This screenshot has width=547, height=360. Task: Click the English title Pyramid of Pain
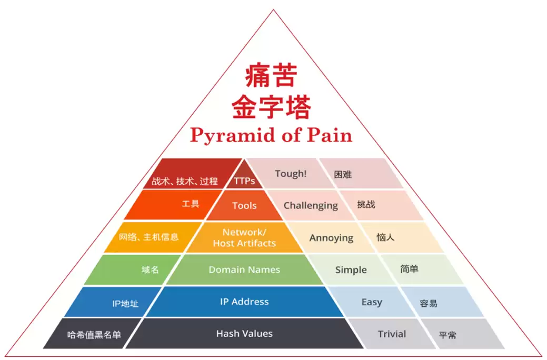[271, 135]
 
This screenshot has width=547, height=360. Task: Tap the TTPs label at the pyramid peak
[245, 181]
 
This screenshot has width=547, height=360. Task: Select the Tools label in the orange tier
[244, 205]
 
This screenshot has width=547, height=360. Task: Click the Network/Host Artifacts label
[244, 238]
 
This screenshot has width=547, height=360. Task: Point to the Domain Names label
[244, 269]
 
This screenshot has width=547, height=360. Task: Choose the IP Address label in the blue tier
[244, 302]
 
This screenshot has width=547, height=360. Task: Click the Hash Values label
[244, 333]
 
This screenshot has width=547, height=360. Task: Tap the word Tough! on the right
[291, 173]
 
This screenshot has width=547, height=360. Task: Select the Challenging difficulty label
[311, 205]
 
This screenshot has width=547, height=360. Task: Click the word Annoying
[331, 238]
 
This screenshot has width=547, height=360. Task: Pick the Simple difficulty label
[351, 269]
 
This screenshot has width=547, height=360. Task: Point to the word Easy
[371, 302]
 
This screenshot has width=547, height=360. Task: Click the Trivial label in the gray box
[392, 334]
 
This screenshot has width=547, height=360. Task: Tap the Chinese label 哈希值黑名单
[94, 334]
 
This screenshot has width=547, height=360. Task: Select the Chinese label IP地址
[125, 303]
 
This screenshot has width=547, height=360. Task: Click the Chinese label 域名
[150, 270]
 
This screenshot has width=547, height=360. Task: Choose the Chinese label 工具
[191, 204]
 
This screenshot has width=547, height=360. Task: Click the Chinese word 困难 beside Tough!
[343, 174]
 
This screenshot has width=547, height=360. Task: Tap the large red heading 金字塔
[271, 107]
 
